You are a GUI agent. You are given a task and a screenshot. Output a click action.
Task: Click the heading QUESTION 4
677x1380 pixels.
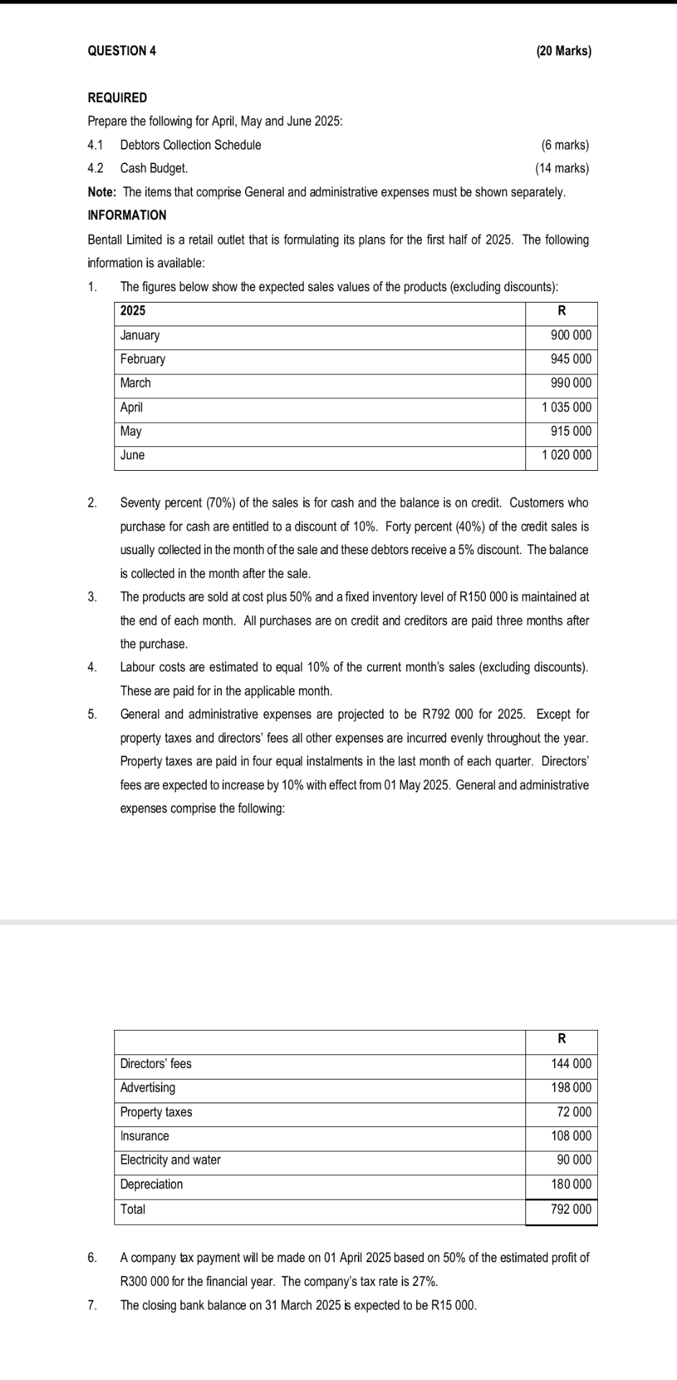(x=121, y=51)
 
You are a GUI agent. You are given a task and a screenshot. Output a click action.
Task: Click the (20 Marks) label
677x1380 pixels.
(x=563, y=51)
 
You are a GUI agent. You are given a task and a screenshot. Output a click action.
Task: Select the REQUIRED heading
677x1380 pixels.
(x=117, y=98)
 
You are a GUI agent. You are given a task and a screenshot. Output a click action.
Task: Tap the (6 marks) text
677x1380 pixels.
(x=565, y=145)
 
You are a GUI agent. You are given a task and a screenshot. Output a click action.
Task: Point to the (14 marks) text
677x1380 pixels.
(x=562, y=169)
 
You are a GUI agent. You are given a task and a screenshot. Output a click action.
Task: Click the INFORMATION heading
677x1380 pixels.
(x=126, y=216)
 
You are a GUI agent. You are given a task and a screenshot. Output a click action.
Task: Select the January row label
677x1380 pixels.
(x=140, y=336)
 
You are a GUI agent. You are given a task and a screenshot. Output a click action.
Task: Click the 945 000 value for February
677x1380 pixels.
(x=571, y=359)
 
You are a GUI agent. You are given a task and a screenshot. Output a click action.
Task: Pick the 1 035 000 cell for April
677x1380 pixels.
(x=566, y=408)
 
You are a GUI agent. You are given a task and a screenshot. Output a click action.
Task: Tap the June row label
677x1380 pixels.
(x=132, y=456)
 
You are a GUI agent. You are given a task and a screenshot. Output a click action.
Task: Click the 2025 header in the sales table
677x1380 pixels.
(x=132, y=311)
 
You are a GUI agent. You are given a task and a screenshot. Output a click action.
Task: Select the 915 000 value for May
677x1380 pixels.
(x=571, y=432)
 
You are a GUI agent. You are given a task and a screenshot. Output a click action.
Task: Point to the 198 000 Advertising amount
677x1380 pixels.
(x=571, y=1088)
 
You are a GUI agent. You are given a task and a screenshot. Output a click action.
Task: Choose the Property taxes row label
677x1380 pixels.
(x=156, y=1113)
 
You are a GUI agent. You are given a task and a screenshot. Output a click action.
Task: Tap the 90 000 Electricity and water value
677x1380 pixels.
(x=574, y=1160)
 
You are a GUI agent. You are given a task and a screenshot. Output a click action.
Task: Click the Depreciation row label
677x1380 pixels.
(x=152, y=1184)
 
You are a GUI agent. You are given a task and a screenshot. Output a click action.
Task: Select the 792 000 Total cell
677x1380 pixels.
(x=571, y=1210)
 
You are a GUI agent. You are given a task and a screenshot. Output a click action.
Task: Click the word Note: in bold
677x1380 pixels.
(x=102, y=193)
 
